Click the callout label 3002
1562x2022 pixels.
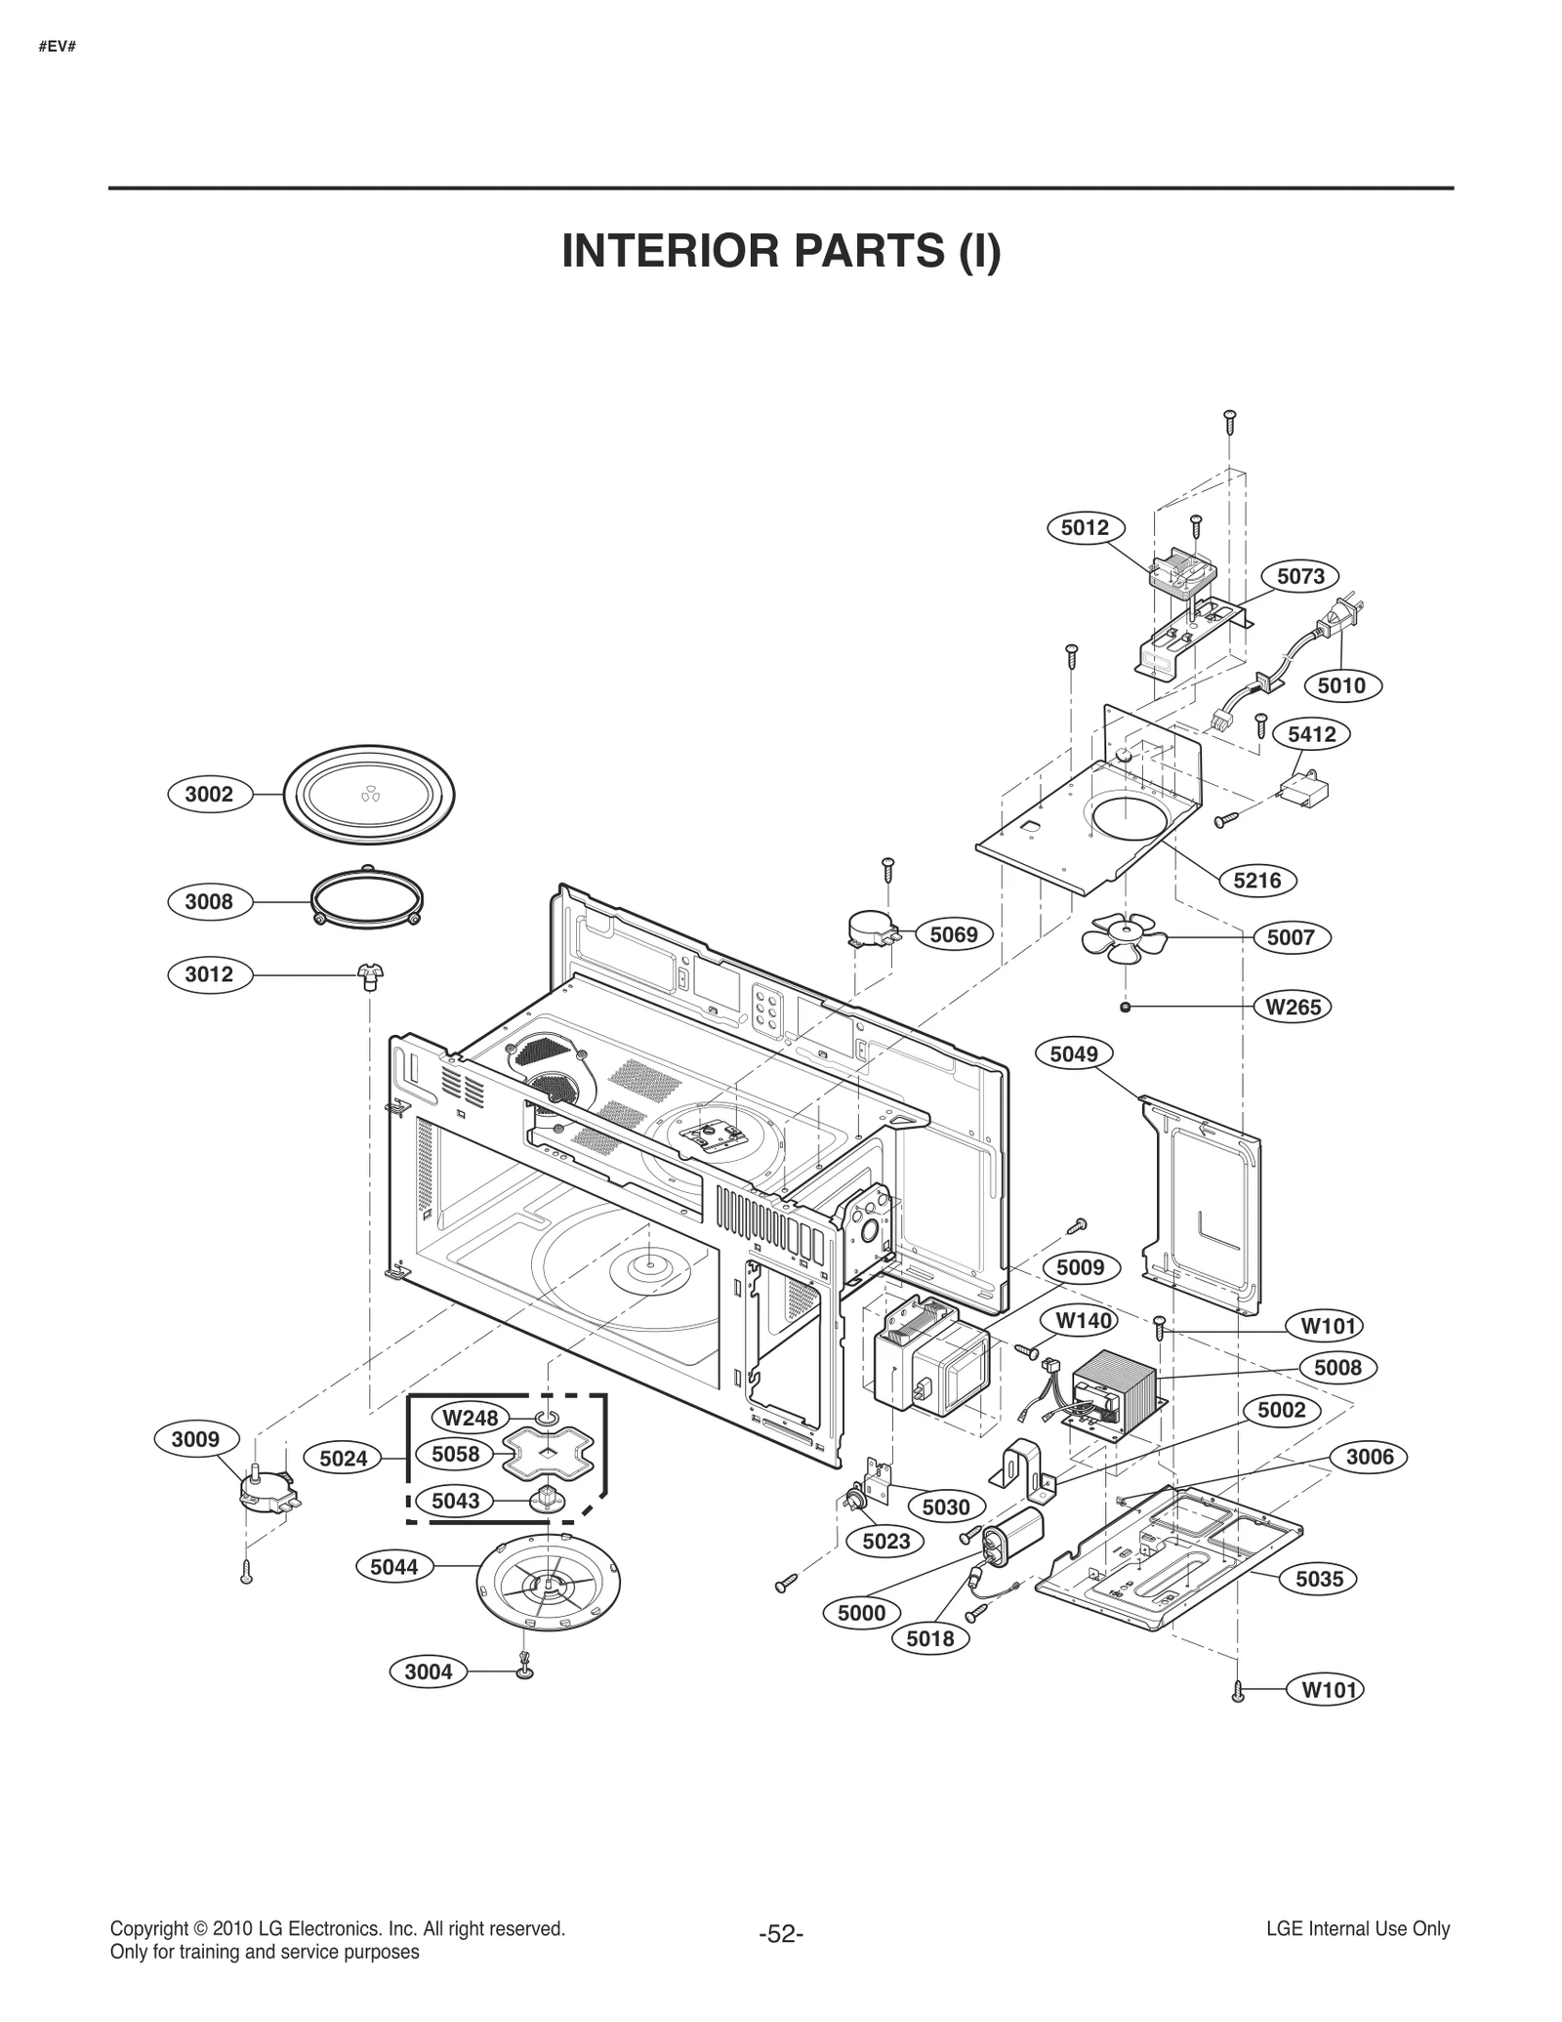209,794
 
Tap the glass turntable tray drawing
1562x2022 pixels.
369,794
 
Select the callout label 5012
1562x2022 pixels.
1085,528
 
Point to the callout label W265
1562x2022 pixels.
1293,1007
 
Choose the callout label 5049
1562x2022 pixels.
1074,1053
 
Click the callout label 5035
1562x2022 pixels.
1319,1579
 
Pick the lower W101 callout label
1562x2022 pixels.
1329,1690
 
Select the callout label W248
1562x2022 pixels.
471,1418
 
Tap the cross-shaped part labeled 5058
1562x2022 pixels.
549,1454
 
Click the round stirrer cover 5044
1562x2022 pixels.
549,1579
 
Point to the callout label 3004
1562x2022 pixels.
429,1671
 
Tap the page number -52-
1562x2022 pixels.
780,1934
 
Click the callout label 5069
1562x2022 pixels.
953,934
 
